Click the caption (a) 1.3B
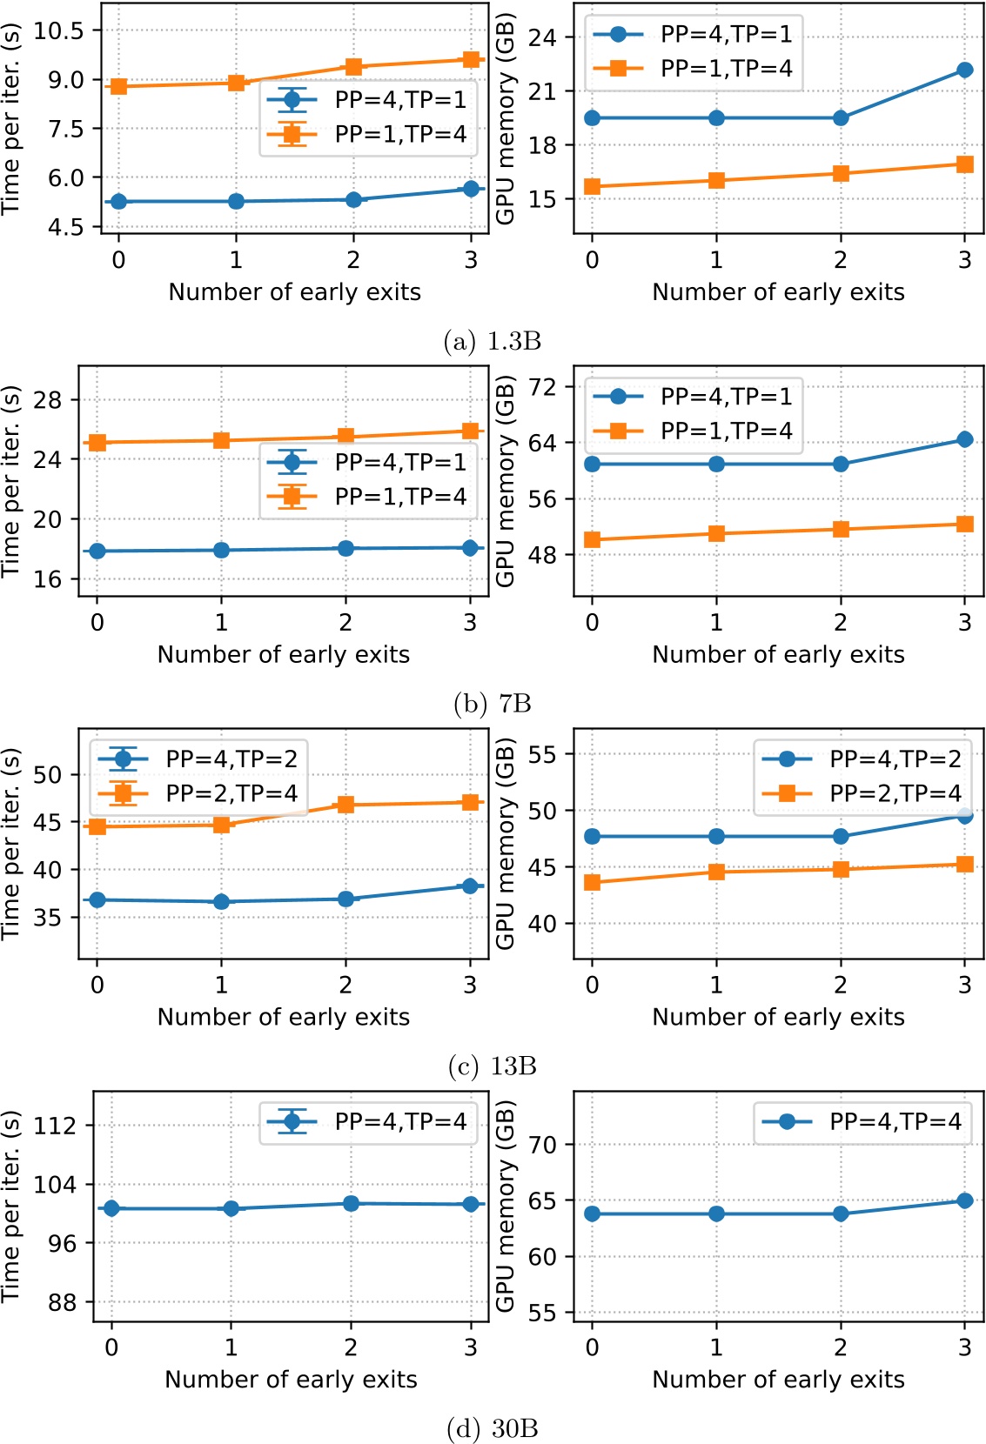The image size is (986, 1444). pyautogui.click(x=492, y=341)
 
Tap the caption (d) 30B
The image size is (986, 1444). pyautogui.click(x=492, y=1428)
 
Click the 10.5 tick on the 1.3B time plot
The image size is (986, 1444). pyautogui.click(x=58, y=30)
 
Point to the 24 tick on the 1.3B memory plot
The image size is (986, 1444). pyautogui.click(x=542, y=37)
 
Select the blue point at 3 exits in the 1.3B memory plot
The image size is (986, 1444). pyautogui.click(x=964, y=70)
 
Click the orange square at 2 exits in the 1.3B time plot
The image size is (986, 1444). pyautogui.click(x=353, y=67)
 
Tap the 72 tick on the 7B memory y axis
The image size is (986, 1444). pyautogui.click(x=542, y=386)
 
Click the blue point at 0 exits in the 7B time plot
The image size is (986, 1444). pyautogui.click(x=97, y=551)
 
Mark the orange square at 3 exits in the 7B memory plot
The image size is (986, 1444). pyautogui.click(x=964, y=524)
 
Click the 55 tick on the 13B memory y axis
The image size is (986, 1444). pyautogui.click(x=542, y=754)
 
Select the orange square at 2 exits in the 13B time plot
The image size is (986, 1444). pyautogui.click(x=345, y=805)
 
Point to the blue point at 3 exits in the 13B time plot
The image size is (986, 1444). pyautogui.click(x=470, y=886)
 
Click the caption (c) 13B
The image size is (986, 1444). pyautogui.click(x=492, y=1066)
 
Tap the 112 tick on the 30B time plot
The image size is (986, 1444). pyautogui.click(x=55, y=1126)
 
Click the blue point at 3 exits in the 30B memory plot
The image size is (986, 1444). pyautogui.click(x=964, y=1200)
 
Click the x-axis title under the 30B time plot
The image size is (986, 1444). pyautogui.click(x=291, y=1380)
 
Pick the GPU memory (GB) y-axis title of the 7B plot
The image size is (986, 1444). pyautogui.click(x=506, y=481)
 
